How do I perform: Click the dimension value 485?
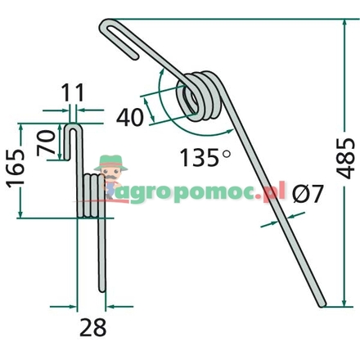(x=345, y=159)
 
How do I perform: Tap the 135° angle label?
(x=205, y=158)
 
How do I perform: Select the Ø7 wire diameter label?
(x=308, y=194)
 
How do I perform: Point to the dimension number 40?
(x=130, y=117)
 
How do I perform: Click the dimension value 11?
(x=73, y=93)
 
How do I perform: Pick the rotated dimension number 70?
(x=47, y=143)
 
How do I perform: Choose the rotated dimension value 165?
(x=16, y=169)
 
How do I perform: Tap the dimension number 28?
(x=92, y=327)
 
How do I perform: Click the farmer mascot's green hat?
(x=111, y=162)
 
